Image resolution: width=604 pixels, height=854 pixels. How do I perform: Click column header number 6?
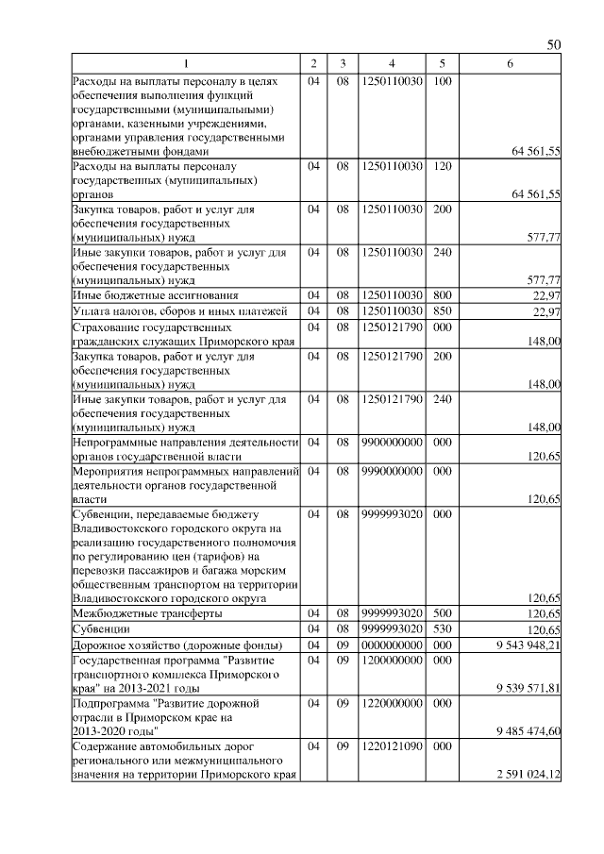pyautogui.click(x=510, y=63)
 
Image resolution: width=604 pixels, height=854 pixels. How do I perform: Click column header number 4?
pyautogui.click(x=391, y=63)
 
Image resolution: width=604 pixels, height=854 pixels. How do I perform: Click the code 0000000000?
pyautogui.click(x=391, y=645)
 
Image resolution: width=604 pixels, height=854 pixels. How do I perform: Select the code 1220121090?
pyautogui.click(x=391, y=747)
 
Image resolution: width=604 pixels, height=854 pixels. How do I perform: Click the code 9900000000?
pyautogui.click(x=391, y=442)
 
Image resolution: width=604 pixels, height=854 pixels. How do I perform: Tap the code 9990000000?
pyautogui.click(x=391, y=470)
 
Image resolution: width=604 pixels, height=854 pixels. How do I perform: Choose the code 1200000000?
pyautogui.click(x=391, y=661)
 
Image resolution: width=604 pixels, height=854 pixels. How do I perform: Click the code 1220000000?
pyautogui.click(x=391, y=704)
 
